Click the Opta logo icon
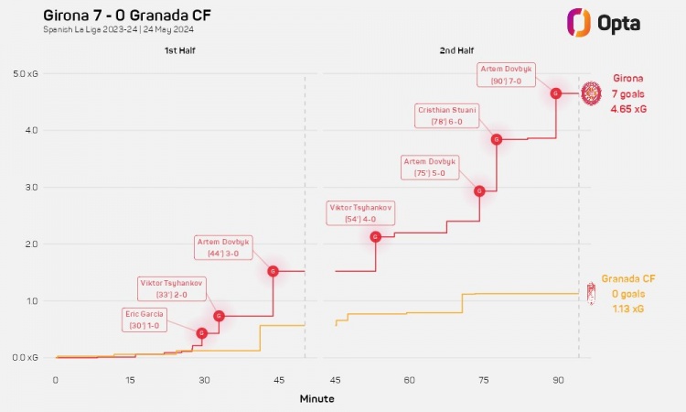click(578, 21)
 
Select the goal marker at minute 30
click(202, 333)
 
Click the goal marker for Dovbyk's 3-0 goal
click(273, 271)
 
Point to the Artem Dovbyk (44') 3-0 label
click(224, 247)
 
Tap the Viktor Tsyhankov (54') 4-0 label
click(360, 213)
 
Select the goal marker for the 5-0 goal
click(479, 190)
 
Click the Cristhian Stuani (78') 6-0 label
click(447, 114)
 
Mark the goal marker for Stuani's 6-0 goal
click(497, 139)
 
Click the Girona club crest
click(592, 92)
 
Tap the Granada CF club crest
click(591, 293)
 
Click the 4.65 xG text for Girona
click(628, 109)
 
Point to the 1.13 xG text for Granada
click(628, 309)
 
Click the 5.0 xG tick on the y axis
click(25, 73)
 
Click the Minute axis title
click(316, 399)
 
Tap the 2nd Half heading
click(454, 51)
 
